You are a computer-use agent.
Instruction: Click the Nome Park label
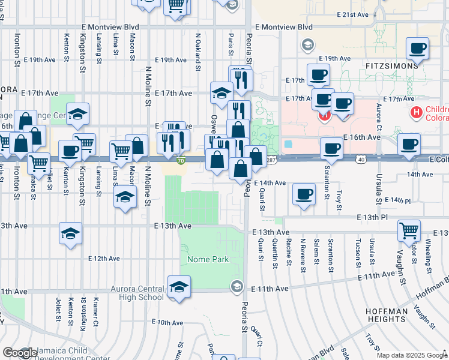point(208,260)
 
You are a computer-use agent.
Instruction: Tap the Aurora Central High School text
point(137,293)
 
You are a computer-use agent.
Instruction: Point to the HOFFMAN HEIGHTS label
point(389,315)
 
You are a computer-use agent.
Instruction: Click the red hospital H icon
point(415,112)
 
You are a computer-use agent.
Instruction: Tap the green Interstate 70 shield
point(181,161)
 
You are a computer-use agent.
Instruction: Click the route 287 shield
point(271,160)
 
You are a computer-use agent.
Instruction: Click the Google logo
point(20,353)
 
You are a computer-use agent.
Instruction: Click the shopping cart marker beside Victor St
point(409,230)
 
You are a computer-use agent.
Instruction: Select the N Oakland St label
point(197,51)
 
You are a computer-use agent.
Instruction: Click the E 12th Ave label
point(104,259)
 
